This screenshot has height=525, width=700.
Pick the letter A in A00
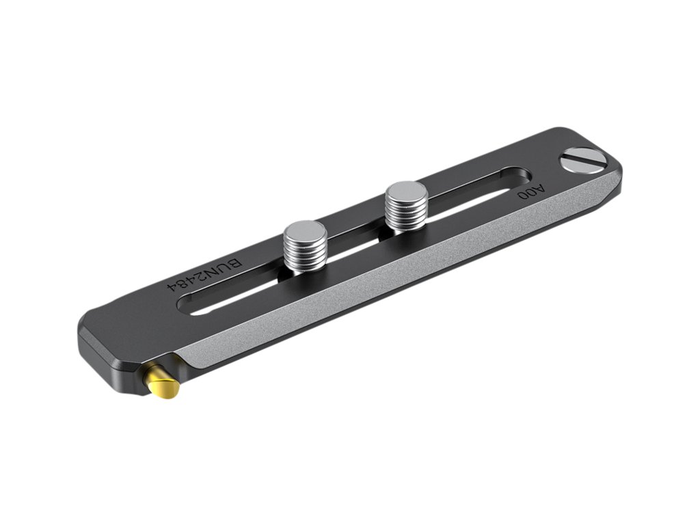click(x=540, y=189)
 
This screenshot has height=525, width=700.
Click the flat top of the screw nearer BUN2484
click(x=306, y=230)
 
